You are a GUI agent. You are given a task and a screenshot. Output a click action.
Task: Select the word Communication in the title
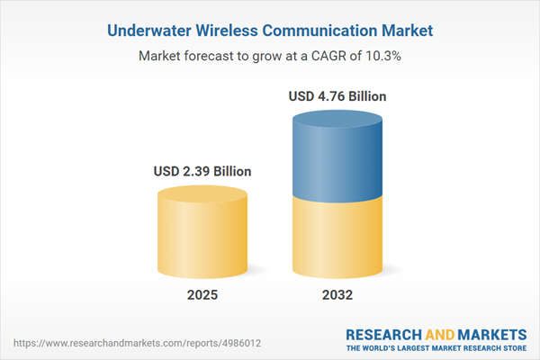pos(319,31)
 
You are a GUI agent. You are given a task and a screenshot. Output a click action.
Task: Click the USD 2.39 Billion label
pos(201,171)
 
